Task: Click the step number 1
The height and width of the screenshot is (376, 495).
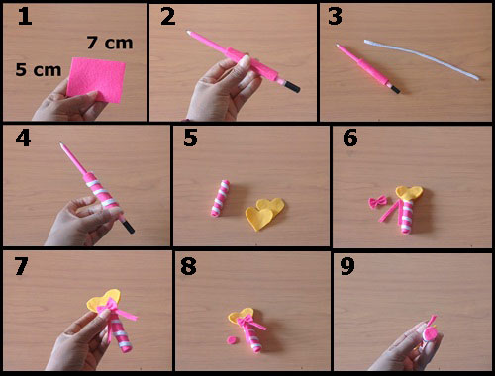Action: (x=25, y=17)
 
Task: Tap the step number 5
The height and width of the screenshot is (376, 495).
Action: (x=190, y=138)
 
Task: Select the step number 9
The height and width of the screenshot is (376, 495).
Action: (x=347, y=266)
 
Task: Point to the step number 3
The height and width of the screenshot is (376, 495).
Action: (x=335, y=17)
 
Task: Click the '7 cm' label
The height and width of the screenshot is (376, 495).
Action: (x=110, y=43)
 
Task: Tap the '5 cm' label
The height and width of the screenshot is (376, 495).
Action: (x=39, y=70)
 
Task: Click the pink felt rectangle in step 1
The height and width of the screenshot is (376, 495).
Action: (x=96, y=79)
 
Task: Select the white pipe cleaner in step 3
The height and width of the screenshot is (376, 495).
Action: (x=422, y=58)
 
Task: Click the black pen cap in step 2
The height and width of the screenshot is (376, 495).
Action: (x=293, y=87)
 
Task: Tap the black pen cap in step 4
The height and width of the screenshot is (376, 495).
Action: (x=129, y=227)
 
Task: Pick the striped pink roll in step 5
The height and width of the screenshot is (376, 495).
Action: (x=220, y=198)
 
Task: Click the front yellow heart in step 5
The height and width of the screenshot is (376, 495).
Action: (x=259, y=219)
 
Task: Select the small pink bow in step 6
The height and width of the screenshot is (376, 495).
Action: (x=378, y=202)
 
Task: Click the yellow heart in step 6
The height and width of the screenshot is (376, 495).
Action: (x=410, y=193)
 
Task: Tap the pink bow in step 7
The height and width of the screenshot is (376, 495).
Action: (x=108, y=308)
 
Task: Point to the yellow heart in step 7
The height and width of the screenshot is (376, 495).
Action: (x=103, y=300)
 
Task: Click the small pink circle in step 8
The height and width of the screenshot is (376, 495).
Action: (x=233, y=339)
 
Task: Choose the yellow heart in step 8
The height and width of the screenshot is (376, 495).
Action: (x=241, y=316)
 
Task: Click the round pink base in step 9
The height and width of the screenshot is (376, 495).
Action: (x=430, y=333)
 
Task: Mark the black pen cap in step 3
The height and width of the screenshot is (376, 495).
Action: (x=396, y=89)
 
